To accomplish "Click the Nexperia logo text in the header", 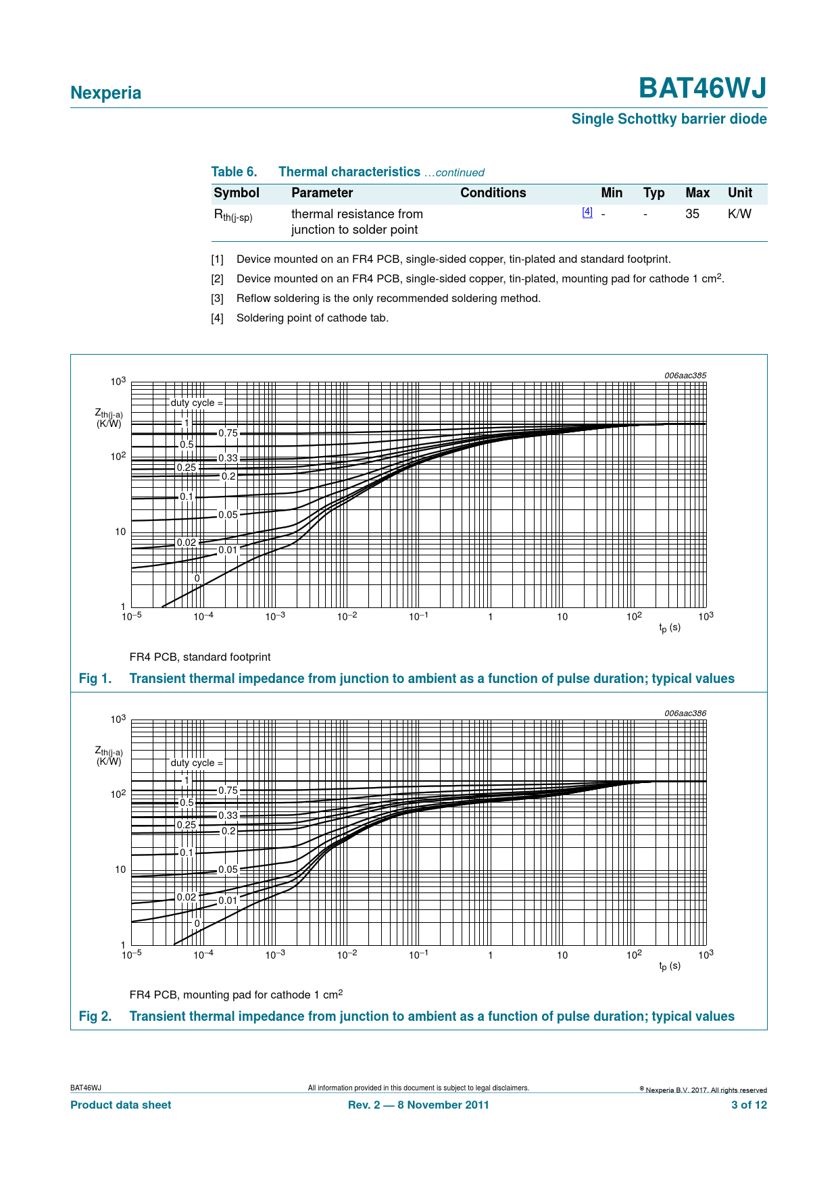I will [105, 93].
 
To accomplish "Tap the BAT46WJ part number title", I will [702, 89].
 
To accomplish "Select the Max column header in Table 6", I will [697, 193].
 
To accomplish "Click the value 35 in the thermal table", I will [692, 214].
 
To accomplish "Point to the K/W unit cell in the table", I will [739, 214].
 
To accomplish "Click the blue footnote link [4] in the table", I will [587, 212].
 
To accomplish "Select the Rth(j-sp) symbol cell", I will [233, 216].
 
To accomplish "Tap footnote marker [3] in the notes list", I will [217, 299].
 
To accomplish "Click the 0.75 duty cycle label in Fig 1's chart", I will [228, 434].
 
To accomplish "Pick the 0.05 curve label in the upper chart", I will [228, 515].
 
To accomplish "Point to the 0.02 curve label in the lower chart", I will [187, 897].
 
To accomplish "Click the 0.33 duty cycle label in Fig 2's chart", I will [228, 816].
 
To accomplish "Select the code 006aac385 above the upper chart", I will [685, 376].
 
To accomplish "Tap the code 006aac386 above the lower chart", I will [685, 713].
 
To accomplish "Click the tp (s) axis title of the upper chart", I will [670, 628].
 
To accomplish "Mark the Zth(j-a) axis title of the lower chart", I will [109, 755].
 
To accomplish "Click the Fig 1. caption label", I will [95, 679].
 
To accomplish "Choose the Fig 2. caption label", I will [95, 1017].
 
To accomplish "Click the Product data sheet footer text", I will [121, 1105].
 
